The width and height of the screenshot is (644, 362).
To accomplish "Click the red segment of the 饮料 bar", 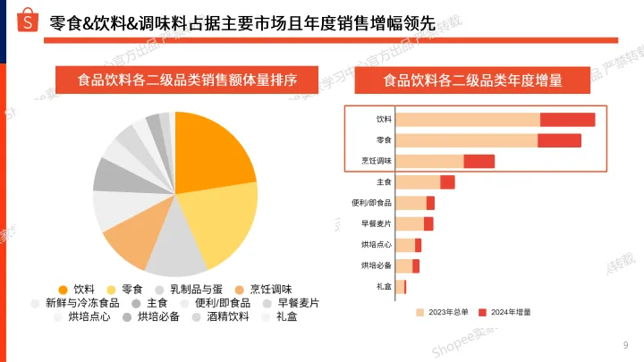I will [x=567, y=120].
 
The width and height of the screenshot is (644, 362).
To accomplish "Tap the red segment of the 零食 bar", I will [x=559, y=140].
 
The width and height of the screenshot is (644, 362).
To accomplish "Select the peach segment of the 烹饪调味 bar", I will [x=429, y=161].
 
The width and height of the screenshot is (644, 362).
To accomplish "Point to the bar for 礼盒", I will [x=401, y=287].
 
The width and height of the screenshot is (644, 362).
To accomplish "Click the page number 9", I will [x=624, y=345].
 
